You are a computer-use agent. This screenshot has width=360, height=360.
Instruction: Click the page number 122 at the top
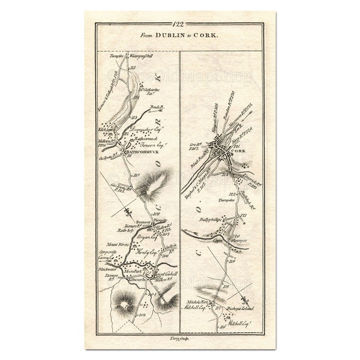(x=178, y=25)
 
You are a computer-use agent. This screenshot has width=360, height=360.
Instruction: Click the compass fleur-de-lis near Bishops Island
(x=244, y=301)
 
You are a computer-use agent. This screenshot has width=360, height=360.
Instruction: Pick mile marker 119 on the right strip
(x=232, y=261)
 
